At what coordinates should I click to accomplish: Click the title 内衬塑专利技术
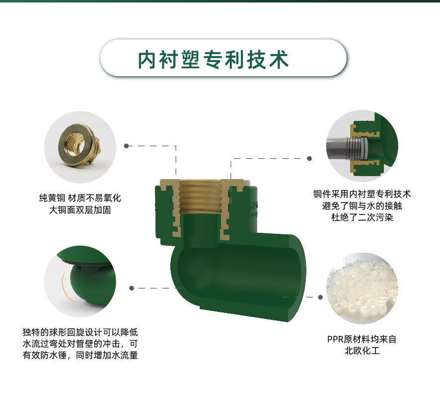213,60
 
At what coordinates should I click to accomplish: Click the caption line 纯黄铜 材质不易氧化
80,198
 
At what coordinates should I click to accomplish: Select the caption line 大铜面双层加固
80,209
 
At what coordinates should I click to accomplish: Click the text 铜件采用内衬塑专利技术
362,194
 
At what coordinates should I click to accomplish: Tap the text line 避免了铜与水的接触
362,206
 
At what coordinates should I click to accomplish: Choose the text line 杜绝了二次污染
362,217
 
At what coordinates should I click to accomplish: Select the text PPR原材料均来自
362,339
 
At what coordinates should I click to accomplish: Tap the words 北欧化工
362,351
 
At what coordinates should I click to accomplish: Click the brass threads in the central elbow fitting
202,198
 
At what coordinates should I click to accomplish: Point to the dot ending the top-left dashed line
126,146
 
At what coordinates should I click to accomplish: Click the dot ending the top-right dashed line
309,158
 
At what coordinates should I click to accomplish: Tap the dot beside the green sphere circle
132,288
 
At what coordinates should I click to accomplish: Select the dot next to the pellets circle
320,297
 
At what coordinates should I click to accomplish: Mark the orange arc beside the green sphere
66,287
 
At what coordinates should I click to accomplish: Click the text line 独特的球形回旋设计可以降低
80,332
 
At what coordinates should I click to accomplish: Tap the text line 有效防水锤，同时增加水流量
80,355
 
